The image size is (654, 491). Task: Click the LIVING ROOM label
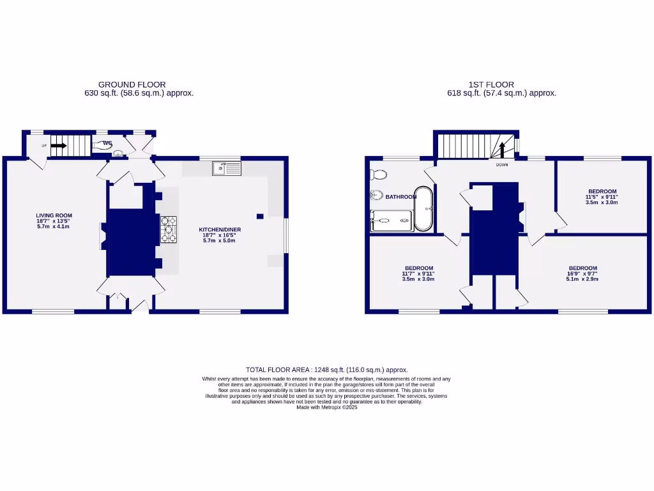tap(54, 215)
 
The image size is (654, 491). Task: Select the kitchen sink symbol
tap(227, 168)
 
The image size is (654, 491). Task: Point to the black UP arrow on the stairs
tap(58, 146)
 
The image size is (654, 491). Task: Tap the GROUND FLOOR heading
tap(132, 84)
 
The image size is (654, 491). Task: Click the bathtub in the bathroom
tap(423, 208)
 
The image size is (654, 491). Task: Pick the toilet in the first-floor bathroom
tap(379, 175)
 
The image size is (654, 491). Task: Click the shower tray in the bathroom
tap(392, 221)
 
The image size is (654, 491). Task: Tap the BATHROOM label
tap(400, 197)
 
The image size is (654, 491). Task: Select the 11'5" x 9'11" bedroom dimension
tap(602, 197)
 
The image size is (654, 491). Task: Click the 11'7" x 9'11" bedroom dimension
tap(418, 274)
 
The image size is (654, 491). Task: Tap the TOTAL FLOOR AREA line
tap(326, 370)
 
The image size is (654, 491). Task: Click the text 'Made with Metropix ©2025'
tap(326, 407)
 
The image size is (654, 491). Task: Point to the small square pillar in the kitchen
tap(260, 215)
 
